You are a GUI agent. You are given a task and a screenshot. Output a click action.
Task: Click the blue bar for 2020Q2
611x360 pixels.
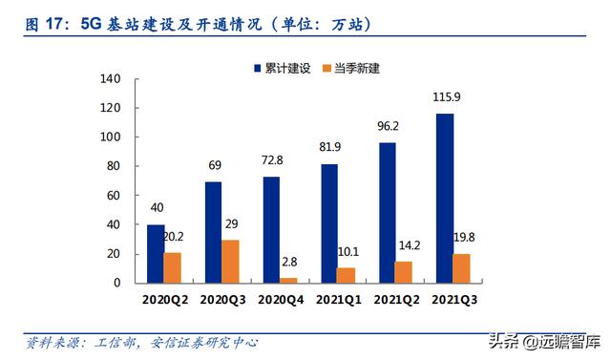pyautogui.click(x=155, y=254)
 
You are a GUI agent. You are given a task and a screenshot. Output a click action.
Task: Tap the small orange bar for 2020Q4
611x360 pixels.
pyautogui.click(x=287, y=280)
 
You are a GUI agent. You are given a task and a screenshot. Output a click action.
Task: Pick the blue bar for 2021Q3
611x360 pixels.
pyautogui.click(x=444, y=199)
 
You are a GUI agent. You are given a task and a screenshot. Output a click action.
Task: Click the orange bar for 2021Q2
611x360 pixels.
pyautogui.click(x=403, y=272)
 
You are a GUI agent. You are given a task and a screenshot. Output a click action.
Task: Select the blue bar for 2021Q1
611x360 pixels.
pyautogui.click(x=328, y=223)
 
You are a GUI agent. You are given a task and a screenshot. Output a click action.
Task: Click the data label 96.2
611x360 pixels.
pyautogui.click(x=387, y=127)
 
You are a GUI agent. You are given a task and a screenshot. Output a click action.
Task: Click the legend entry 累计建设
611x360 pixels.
pyautogui.click(x=284, y=68)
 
